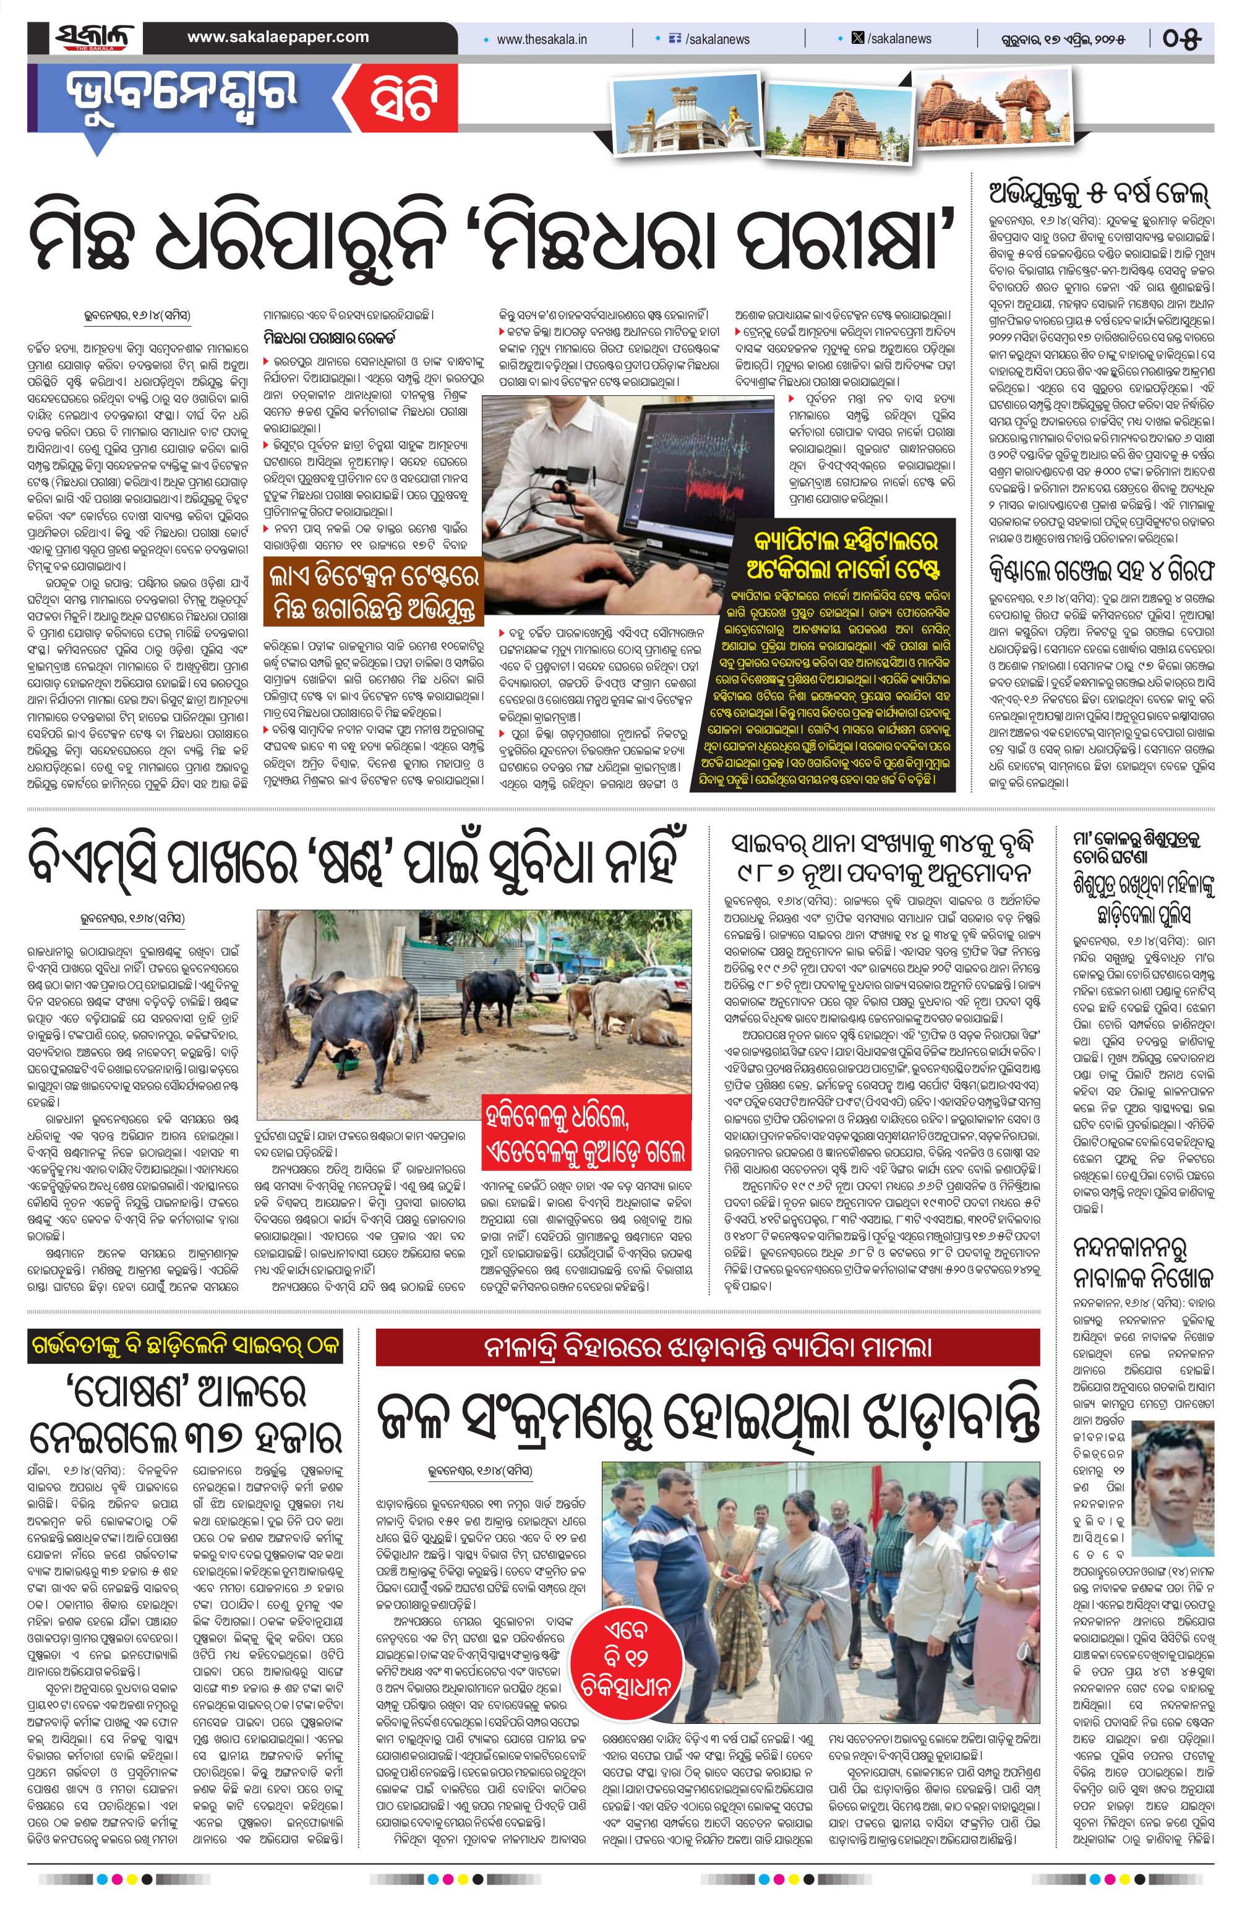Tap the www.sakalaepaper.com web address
coord(278,37)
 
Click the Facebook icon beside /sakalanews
coord(674,38)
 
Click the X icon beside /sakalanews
coord(857,38)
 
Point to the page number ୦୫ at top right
coord(1182,38)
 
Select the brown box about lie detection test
coord(374,591)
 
